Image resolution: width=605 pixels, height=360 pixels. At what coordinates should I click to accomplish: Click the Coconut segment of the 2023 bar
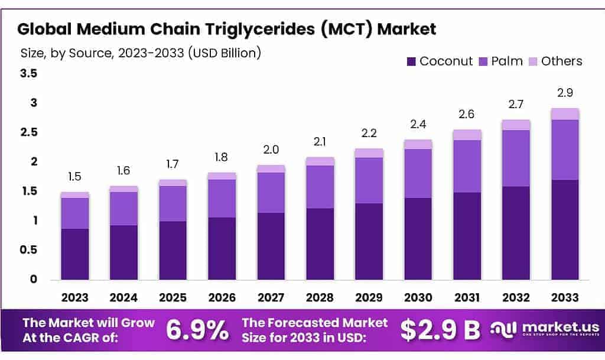click(75, 254)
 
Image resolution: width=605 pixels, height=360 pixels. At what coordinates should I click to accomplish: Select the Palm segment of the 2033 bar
click(565, 150)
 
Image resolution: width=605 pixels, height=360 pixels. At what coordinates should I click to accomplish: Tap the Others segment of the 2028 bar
click(320, 161)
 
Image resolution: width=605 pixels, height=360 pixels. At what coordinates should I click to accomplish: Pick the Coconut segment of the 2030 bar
click(418, 239)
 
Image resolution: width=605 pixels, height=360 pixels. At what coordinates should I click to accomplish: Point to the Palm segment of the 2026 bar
click(222, 199)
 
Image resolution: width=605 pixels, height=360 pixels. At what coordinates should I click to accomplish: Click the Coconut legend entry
click(440, 61)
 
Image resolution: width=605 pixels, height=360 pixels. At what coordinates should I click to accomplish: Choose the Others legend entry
click(555, 61)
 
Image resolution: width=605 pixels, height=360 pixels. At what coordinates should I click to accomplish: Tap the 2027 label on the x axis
click(271, 297)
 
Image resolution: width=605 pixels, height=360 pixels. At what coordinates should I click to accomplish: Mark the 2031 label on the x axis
click(467, 297)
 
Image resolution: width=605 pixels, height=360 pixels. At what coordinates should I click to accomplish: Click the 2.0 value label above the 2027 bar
click(271, 151)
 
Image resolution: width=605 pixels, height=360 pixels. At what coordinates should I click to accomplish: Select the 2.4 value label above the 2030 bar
click(418, 125)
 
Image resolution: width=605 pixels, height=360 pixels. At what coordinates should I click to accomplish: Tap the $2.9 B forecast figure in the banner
click(440, 330)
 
